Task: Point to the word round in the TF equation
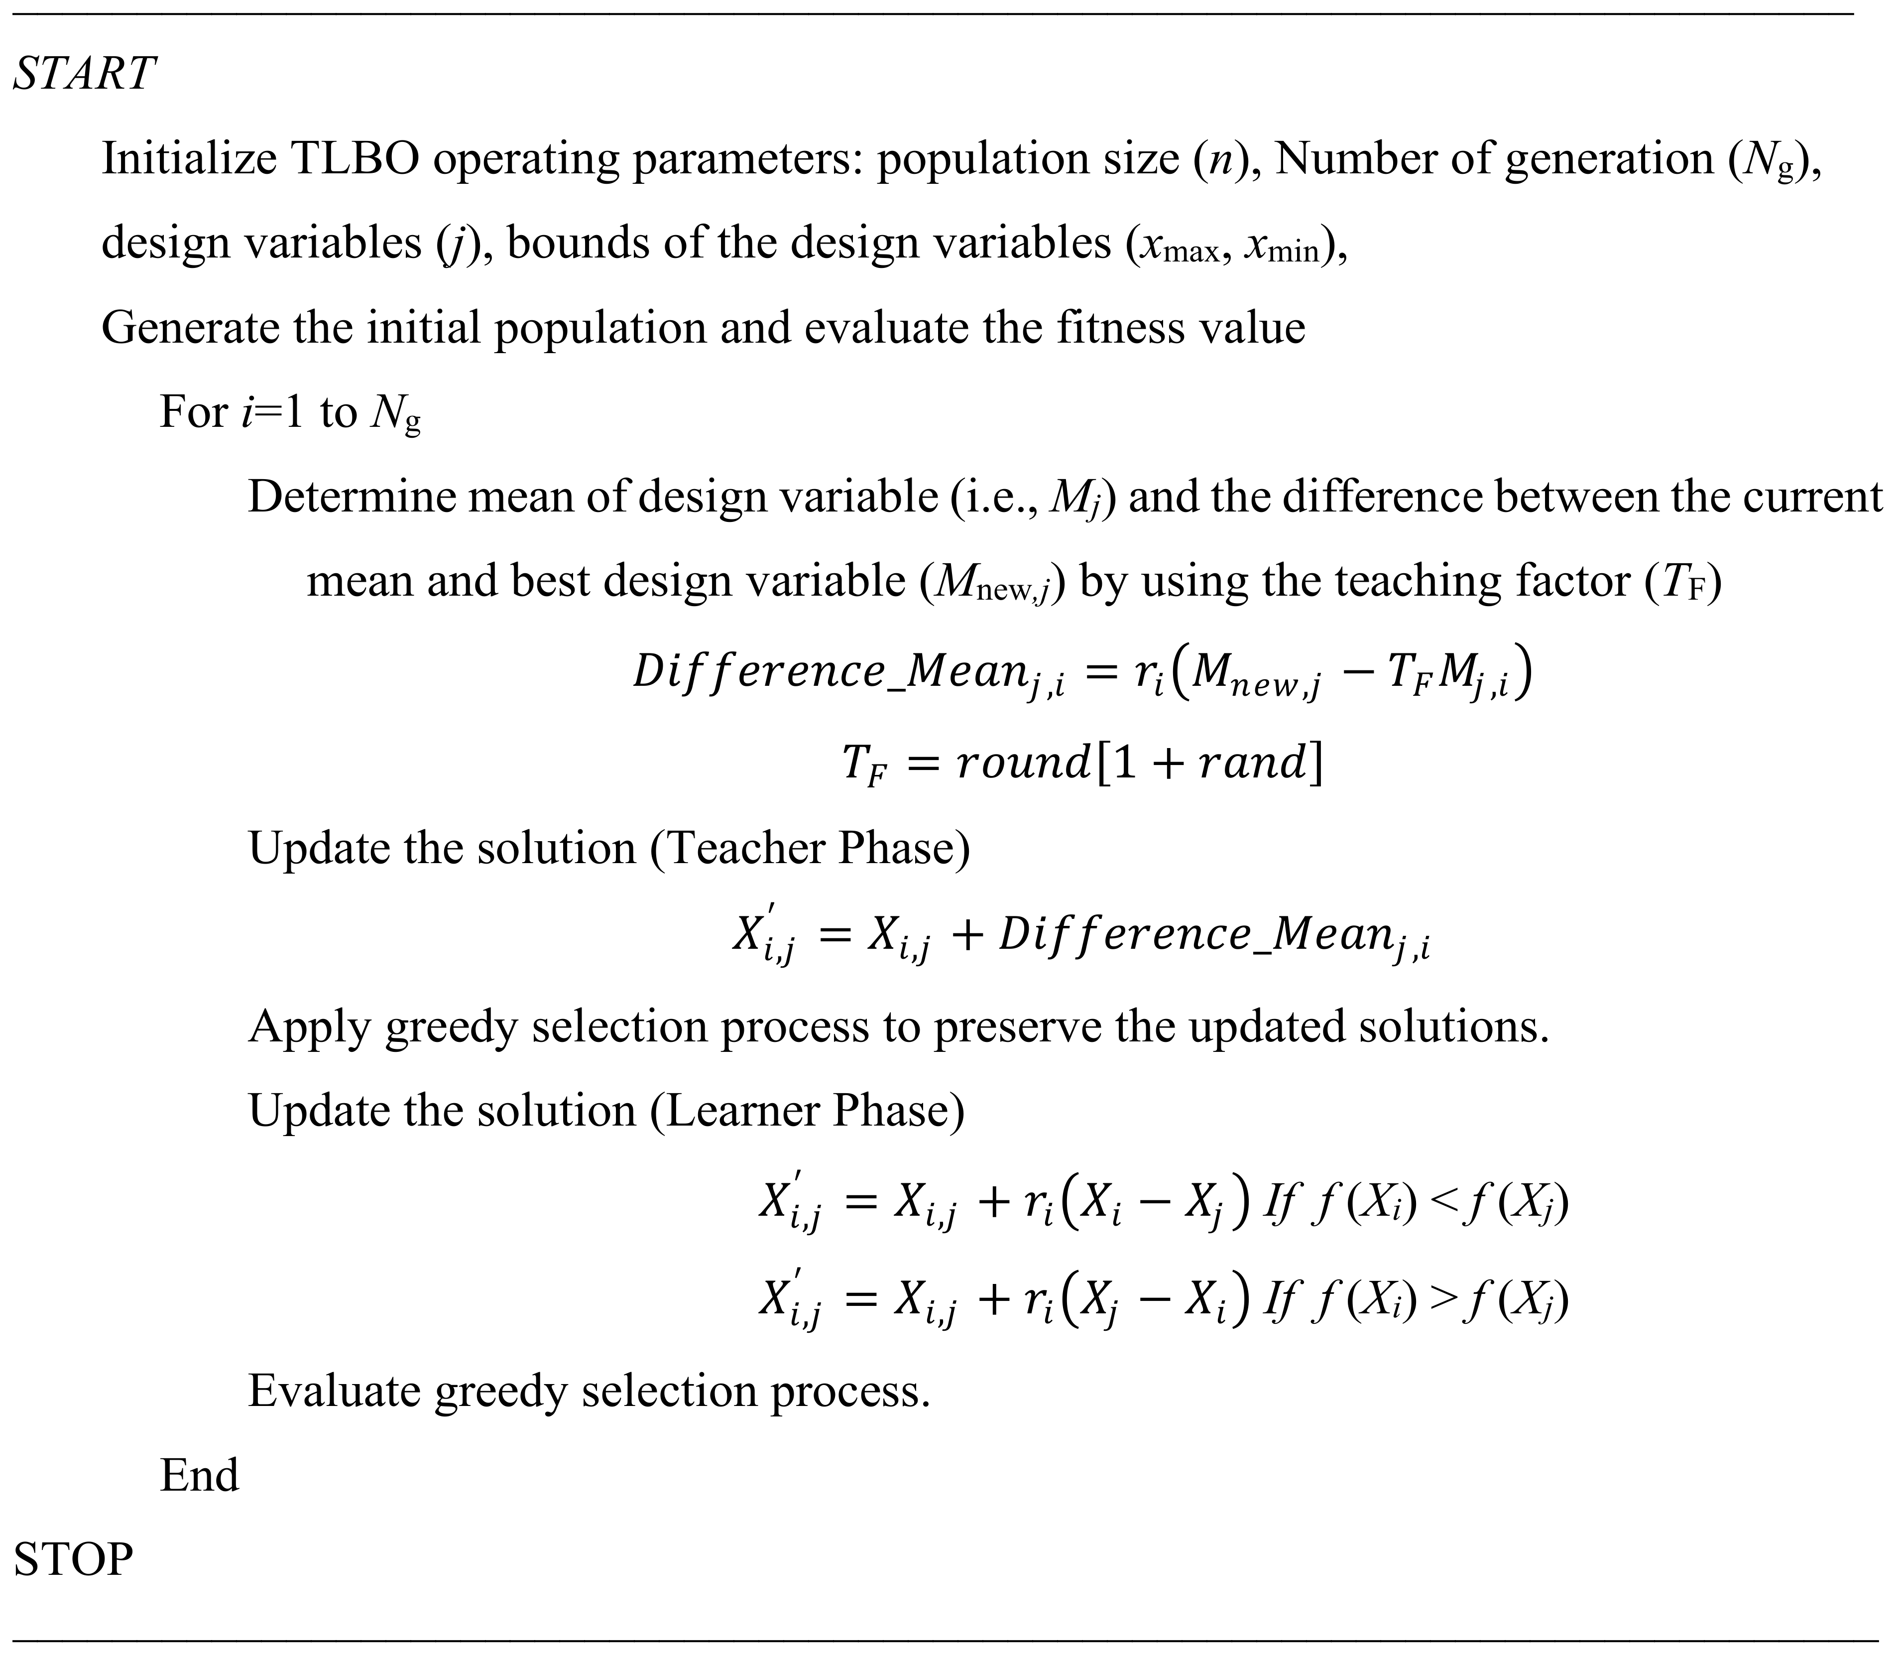(x=1022, y=763)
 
